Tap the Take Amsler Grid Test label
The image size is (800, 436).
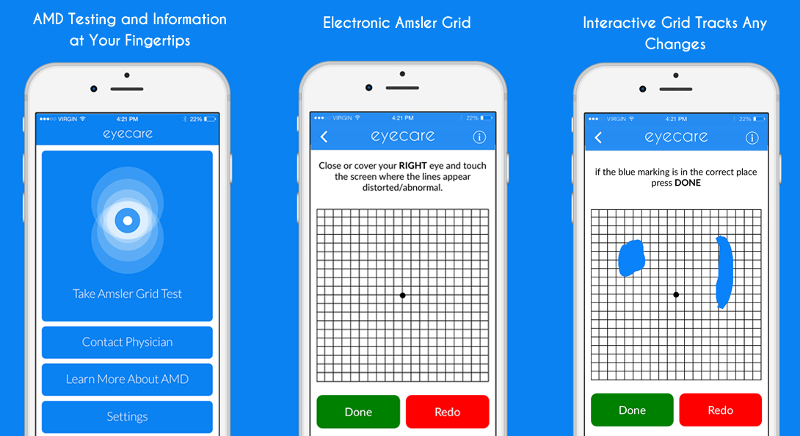click(127, 294)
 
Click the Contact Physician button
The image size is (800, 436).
click(127, 342)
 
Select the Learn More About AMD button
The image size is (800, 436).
click(127, 379)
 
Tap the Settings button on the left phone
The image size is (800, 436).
click(127, 417)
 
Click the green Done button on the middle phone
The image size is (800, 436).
click(358, 412)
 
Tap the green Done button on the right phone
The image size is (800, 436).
click(632, 410)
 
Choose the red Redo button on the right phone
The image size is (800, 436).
click(721, 410)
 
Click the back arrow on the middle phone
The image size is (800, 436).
click(324, 137)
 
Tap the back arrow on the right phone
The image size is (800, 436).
click(598, 137)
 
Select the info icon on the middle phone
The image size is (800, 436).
click(479, 137)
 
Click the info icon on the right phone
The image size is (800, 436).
click(752, 138)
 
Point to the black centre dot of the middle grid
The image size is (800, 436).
click(402, 295)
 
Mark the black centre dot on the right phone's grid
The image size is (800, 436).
click(676, 294)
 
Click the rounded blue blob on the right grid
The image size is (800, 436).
click(632, 258)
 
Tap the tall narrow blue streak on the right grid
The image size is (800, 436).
click(724, 272)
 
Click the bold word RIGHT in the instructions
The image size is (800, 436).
click(412, 165)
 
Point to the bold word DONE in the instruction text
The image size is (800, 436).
click(688, 183)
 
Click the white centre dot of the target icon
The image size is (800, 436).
click(128, 220)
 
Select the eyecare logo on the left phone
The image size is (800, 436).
click(128, 134)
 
